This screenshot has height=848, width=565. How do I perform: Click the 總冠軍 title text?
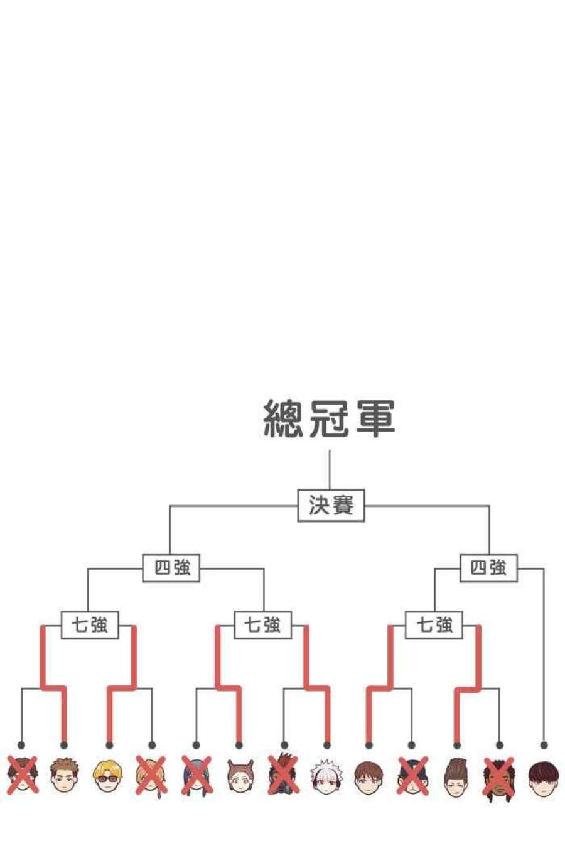pos(329,419)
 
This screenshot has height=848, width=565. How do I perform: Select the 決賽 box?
pos(331,505)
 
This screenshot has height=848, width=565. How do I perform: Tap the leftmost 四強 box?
pos(171,568)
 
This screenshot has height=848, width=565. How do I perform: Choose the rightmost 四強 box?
pos(488,568)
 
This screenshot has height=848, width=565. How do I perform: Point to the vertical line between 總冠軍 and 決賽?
pos(330,469)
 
